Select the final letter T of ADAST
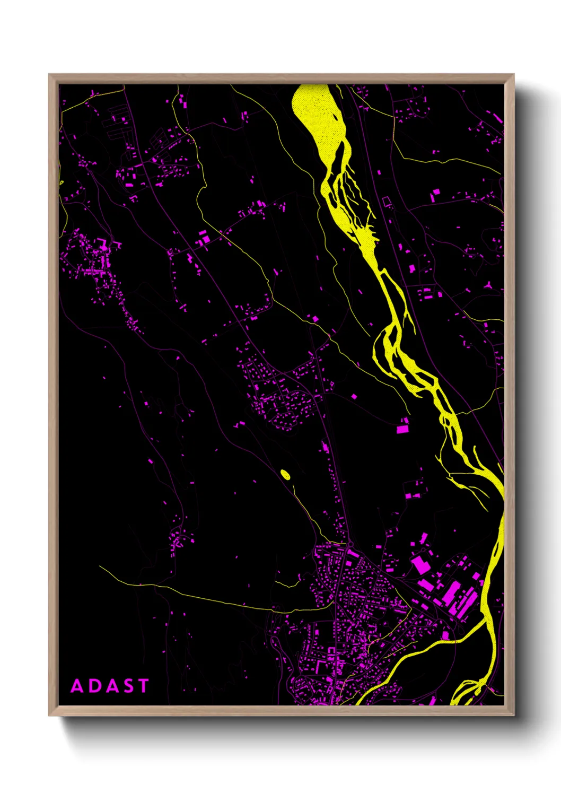pos(143,686)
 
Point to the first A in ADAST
pos(77,686)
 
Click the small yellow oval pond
pos(285,475)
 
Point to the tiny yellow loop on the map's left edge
pos(61,183)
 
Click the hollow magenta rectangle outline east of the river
pos(387,202)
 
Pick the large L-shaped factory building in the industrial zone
pos(421,565)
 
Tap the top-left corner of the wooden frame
pos(49,75)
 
